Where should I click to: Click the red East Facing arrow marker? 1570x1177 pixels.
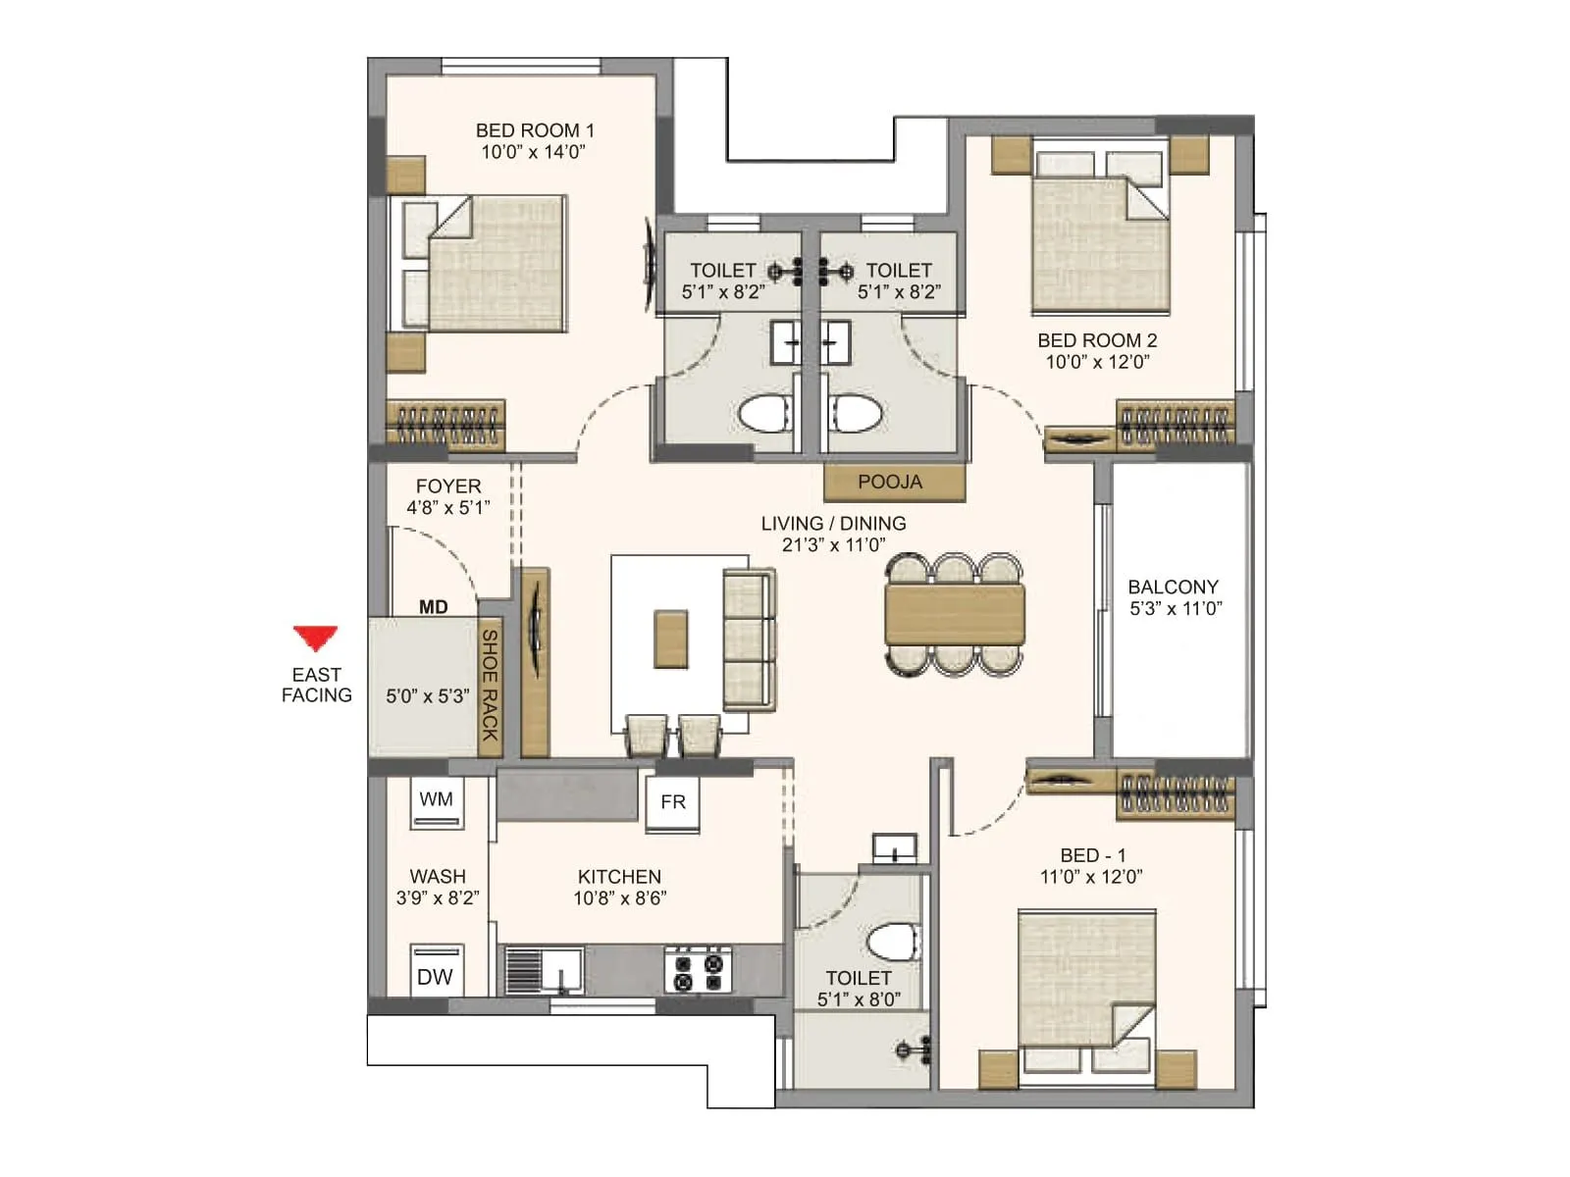[x=316, y=638]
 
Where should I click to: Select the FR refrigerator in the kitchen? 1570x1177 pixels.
[x=673, y=802]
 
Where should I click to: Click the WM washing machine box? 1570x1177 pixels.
[x=437, y=800]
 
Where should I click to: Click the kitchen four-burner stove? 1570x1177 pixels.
[x=699, y=970]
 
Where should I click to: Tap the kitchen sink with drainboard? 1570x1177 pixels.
[x=544, y=970]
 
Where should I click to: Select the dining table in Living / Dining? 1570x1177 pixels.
[x=955, y=614]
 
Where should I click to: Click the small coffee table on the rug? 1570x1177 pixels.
[x=672, y=639]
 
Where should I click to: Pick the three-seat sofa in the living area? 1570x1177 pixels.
[x=749, y=640]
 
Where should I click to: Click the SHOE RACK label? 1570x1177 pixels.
[x=489, y=687]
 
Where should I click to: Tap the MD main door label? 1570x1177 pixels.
[x=433, y=607]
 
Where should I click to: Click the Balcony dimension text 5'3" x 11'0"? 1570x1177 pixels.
[x=1176, y=609]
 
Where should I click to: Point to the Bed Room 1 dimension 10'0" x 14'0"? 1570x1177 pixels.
[x=533, y=152]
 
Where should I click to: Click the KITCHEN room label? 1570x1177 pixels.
[x=619, y=876]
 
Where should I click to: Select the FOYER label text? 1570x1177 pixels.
[x=448, y=486]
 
